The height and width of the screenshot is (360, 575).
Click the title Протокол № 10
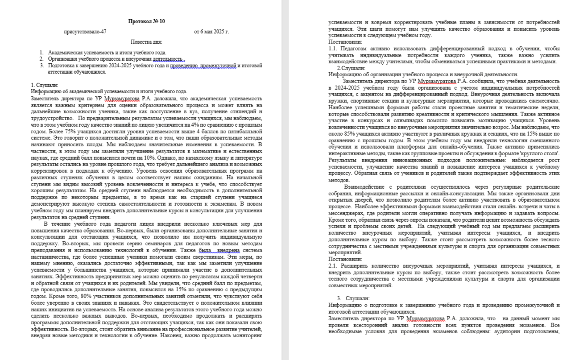[146, 21]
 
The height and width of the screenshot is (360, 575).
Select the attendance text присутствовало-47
[85, 32]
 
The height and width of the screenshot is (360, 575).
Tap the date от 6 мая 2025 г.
[211, 32]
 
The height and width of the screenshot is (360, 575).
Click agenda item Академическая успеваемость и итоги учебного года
[107, 53]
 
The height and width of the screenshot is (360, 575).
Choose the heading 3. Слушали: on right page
[353, 298]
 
